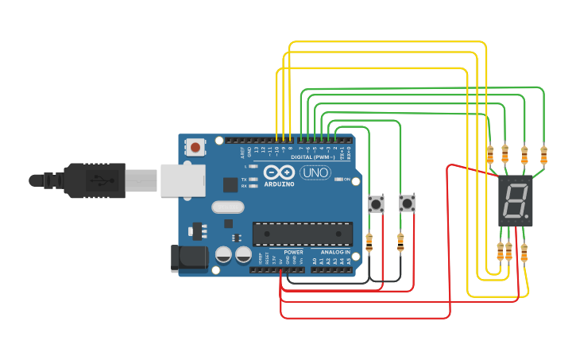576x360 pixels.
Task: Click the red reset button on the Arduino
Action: pyautogui.click(x=195, y=147)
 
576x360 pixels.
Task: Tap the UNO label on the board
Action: pyautogui.click(x=315, y=172)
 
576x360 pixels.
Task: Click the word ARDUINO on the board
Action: pyautogui.click(x=278, y=184)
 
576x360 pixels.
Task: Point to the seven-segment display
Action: pyautogui.click(x=514, y=201)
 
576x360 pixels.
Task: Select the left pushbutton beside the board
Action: pyautogui.click(x=377, y=204)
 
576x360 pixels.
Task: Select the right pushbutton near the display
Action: pyautogui.click(x=407, y=203)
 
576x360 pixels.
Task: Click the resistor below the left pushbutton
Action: pyautogui.click(x=369, y=242)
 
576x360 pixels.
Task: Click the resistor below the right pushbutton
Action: pyautogui.click(x=400, y=242)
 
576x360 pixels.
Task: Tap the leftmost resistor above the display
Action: pyautogui.click(x=489, y=153)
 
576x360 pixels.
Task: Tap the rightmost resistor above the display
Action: pyautogui.click(x=543, y=153)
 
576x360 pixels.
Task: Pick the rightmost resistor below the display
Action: pyautogui.click(x=524, y=252)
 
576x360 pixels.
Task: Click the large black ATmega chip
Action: pyautogui.click(x=302, y=234)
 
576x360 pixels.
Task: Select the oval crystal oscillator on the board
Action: pyautogui.click(x=229, y=207)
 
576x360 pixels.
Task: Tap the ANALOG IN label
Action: pyautogui.click(x=335, y=252)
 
